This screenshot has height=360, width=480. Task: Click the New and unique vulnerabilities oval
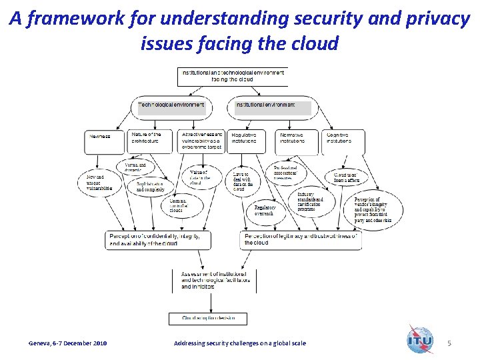(100, 183)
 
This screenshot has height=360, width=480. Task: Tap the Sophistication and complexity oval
(151, 186)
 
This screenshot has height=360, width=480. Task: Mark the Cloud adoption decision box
(211, 318)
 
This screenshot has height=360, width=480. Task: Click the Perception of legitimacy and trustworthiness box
(301, 239)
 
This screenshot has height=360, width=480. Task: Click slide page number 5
(449, 343)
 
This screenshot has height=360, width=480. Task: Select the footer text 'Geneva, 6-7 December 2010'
(67, 343)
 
